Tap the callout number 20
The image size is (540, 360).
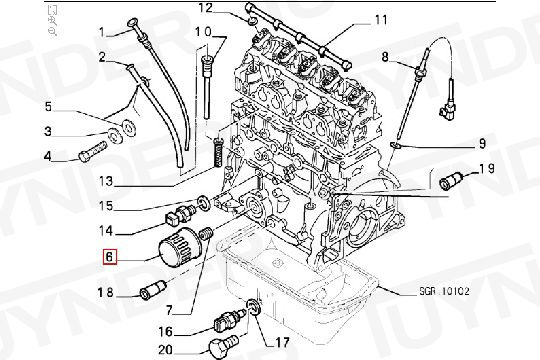[165, 348]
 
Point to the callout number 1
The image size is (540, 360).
[101, 32]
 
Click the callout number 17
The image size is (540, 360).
[268, 340]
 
